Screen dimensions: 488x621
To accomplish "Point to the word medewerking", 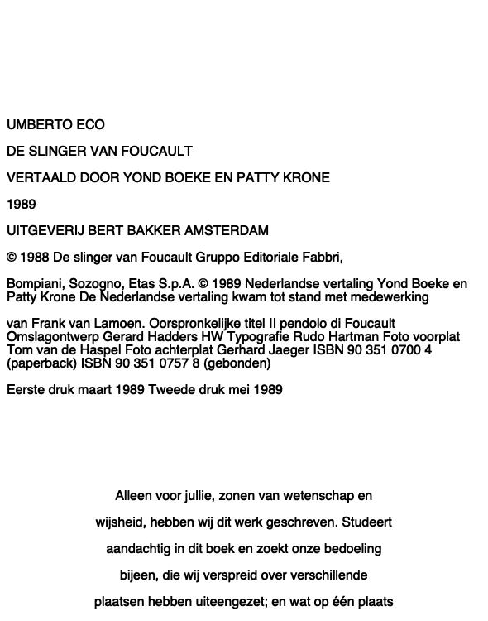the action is tap(390, 297).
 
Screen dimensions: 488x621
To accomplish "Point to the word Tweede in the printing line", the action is tap(170, 390).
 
